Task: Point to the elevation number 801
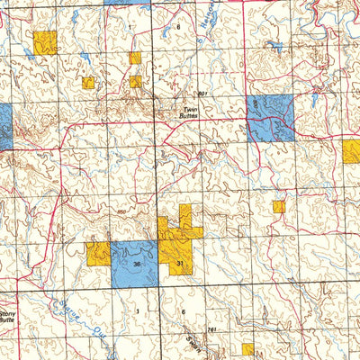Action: pos(202,94)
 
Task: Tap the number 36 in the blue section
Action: pos(136,264)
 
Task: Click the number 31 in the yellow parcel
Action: pos(180,263)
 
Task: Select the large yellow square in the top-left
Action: pos(44,42)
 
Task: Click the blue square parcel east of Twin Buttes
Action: pos(270,118)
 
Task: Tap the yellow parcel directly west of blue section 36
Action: pos(98,253)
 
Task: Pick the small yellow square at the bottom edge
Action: pos(247,349)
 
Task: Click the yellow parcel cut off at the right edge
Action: pos(351,150)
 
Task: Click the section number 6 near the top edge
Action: pos(178,28)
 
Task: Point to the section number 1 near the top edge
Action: pos(130,28)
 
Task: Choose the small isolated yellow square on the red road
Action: pos(279,206)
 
